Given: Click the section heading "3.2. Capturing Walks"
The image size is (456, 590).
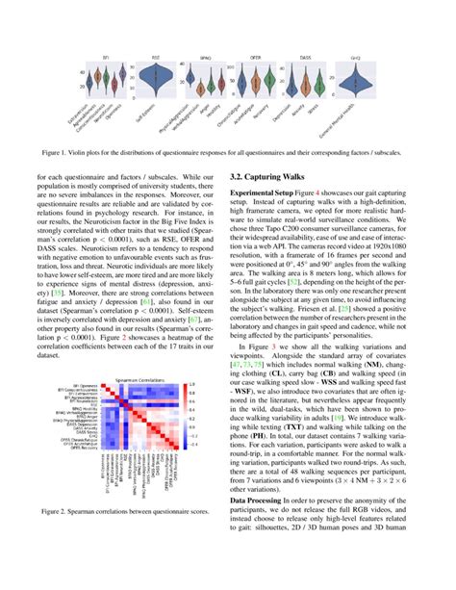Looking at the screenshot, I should tap(274, 176).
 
